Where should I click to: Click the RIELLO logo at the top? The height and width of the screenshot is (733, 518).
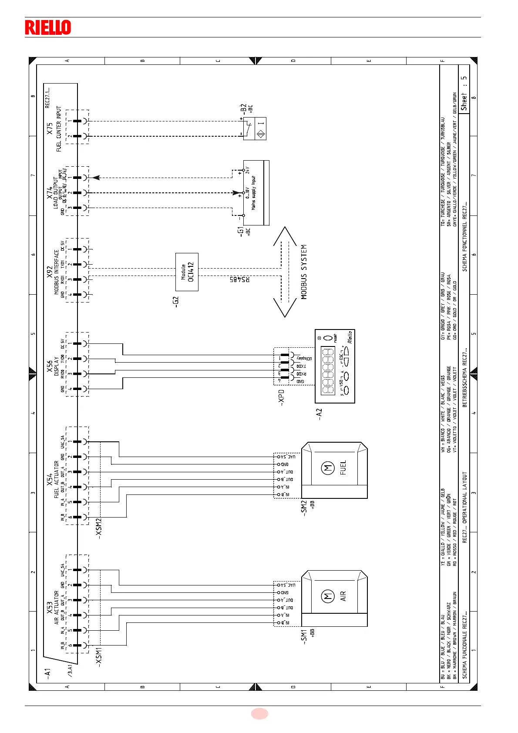48,27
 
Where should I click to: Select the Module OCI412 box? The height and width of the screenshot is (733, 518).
187,272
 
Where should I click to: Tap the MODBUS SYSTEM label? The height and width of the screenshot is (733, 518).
304,272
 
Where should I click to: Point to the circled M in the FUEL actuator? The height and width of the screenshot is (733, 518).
327,468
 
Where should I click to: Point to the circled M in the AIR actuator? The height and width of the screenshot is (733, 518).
327,596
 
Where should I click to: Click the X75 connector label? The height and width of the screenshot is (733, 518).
50,128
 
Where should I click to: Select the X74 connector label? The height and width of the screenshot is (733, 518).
50,191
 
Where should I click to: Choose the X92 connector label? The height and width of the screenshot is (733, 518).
50,272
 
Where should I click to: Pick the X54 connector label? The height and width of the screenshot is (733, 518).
50,480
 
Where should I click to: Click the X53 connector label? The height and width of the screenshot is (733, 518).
50,608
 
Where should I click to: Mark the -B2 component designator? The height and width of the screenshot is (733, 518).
243,109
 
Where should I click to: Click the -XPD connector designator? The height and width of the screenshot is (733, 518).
281,398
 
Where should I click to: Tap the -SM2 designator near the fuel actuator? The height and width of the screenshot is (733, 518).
304,508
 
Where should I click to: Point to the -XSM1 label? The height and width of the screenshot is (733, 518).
99,656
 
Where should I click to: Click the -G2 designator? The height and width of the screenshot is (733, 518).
176,302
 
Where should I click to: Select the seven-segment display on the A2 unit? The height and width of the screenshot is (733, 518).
328,370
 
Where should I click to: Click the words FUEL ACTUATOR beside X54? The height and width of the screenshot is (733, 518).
56,480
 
